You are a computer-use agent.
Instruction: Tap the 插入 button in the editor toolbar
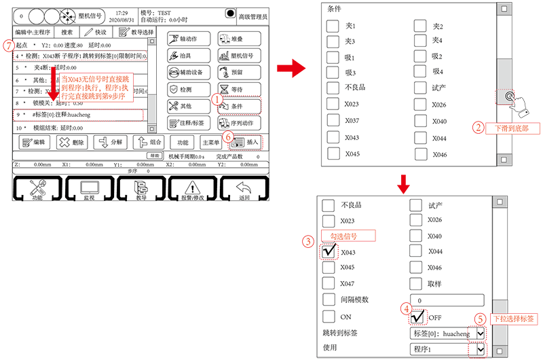246,143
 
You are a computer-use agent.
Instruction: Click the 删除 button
71,143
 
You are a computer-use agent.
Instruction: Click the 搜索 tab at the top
62,32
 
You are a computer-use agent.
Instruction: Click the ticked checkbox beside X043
329,251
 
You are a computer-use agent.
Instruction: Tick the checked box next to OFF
418,317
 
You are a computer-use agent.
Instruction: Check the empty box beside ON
329,317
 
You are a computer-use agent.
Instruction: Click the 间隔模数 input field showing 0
448,300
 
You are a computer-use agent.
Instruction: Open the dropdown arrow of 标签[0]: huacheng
481,333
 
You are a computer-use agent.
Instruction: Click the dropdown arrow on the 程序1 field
481,348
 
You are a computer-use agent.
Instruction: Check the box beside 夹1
333,26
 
